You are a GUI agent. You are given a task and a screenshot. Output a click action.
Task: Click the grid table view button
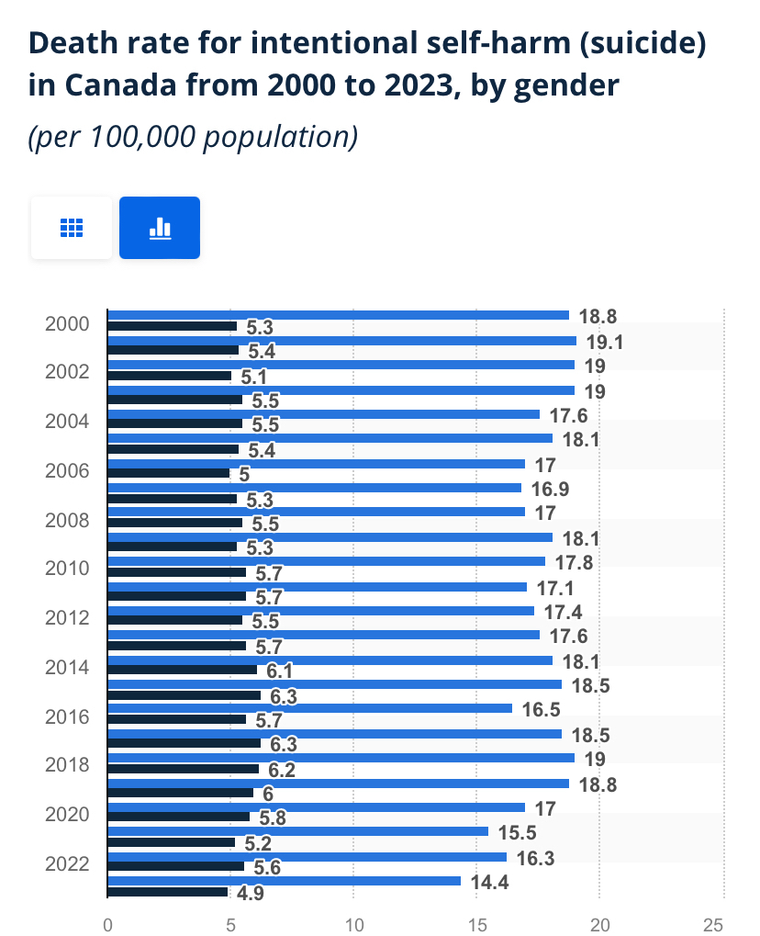72,228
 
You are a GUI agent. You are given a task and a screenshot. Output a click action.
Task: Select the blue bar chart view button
160,228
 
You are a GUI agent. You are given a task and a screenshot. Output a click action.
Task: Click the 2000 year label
67,323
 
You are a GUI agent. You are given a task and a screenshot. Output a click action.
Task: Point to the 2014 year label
67,667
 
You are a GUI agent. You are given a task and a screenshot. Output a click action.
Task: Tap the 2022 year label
67,863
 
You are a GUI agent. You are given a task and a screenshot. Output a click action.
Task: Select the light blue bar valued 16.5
310,708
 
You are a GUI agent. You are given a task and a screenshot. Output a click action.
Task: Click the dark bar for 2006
169,473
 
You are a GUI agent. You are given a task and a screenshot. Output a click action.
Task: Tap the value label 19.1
603,341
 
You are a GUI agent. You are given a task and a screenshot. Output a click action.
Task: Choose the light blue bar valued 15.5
298,831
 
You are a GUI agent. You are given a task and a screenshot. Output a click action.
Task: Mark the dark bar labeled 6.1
183,670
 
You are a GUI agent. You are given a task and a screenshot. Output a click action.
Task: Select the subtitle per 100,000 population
193,137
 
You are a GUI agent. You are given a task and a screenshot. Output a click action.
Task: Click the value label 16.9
548,488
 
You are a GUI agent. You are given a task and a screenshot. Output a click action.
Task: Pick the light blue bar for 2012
321,611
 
